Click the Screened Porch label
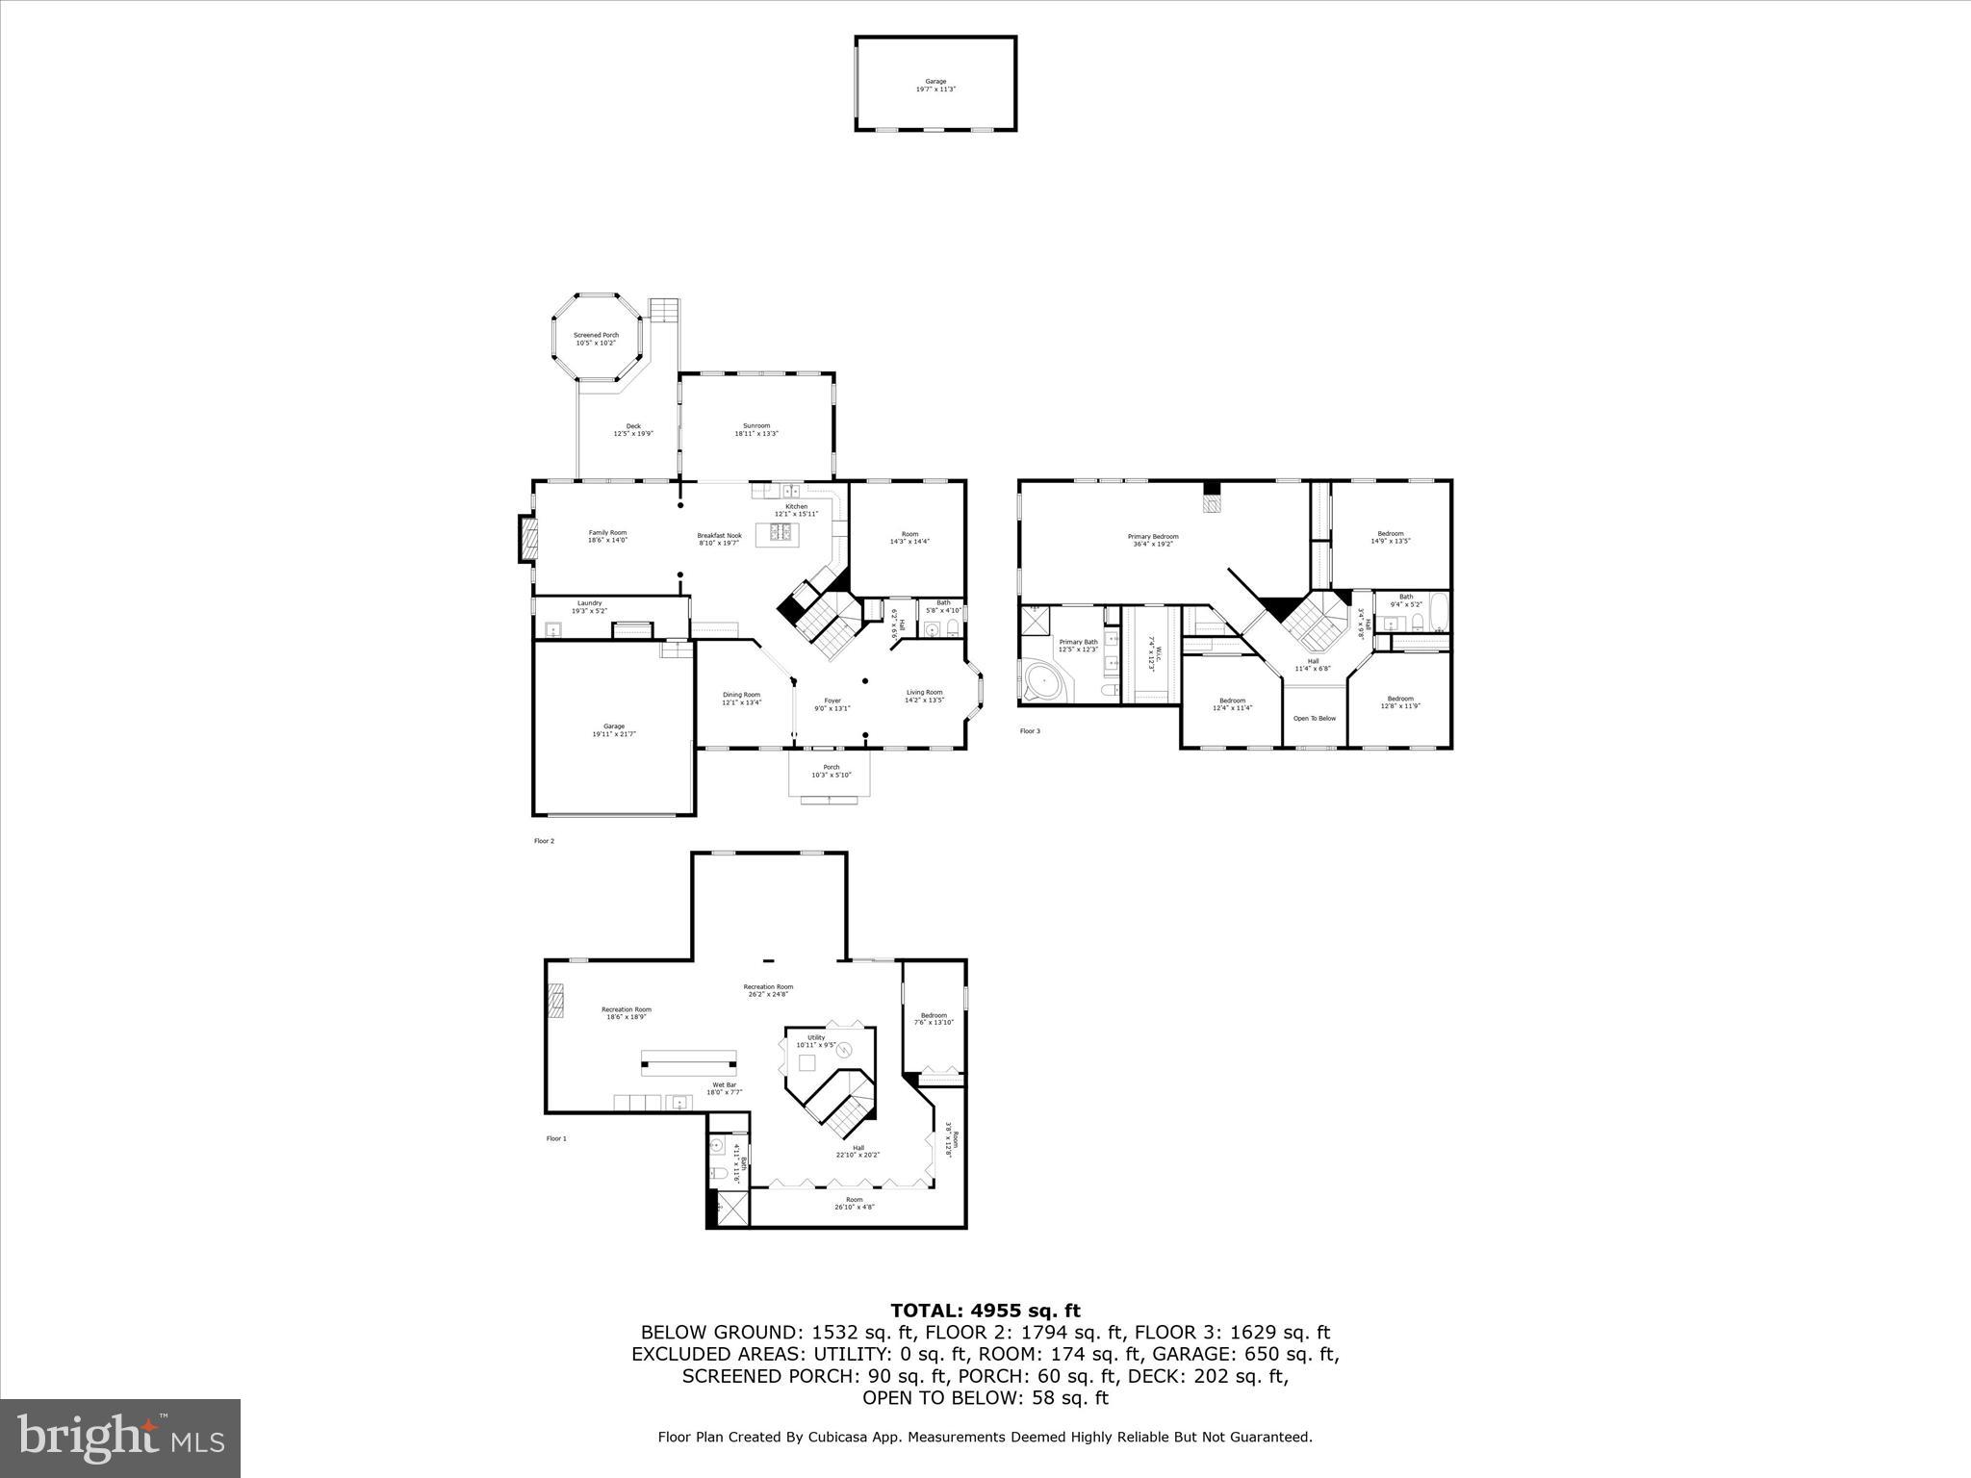click(x=596, y=339)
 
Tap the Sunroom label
click(x=756, y=429)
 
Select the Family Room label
click(x=607, y=536)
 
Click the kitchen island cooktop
click(x=781, y=533)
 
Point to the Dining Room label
click(x=741, y=699)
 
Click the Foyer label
click(x=832, y=704)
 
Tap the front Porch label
click(x=832, y=771)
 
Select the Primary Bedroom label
click(x=1153, y=540)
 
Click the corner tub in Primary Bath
click(x=1042, y=683)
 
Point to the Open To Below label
click(x=1314, y=719)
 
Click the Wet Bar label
click(x=725, y=1088)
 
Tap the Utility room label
click(x=816, y=1041)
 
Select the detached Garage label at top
click(x=935, y=85)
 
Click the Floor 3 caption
click(x=1030, y=731)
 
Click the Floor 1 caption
click(x=556, y=1138)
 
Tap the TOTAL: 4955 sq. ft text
click(x=985, y=1311)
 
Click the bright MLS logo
click(x=120, y=1439)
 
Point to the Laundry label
click(x=589, y=607)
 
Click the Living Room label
click(x=924, y=696)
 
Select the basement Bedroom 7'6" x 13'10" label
click(x=934, y=1019)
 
